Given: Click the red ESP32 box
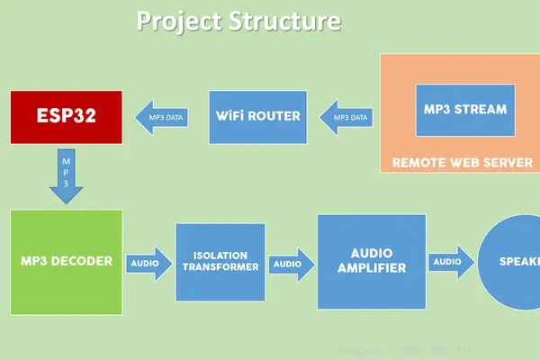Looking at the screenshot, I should [x=65, y=117].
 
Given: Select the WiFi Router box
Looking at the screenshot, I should [x=257, y=117].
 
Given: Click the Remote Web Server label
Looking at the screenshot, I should [x=456, y=164].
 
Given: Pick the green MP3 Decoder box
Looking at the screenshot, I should [x=67, y=262].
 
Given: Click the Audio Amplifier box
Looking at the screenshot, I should [x=372, y=262].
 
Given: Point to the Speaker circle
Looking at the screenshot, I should [x=510, y=262].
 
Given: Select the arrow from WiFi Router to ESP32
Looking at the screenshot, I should [x=162, y=117].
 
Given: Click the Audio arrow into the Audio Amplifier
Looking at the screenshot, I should [x=291, y=264].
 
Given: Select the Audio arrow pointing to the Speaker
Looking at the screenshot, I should [x=450, y=262].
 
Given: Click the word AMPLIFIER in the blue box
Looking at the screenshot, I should [x=372, y=268].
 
